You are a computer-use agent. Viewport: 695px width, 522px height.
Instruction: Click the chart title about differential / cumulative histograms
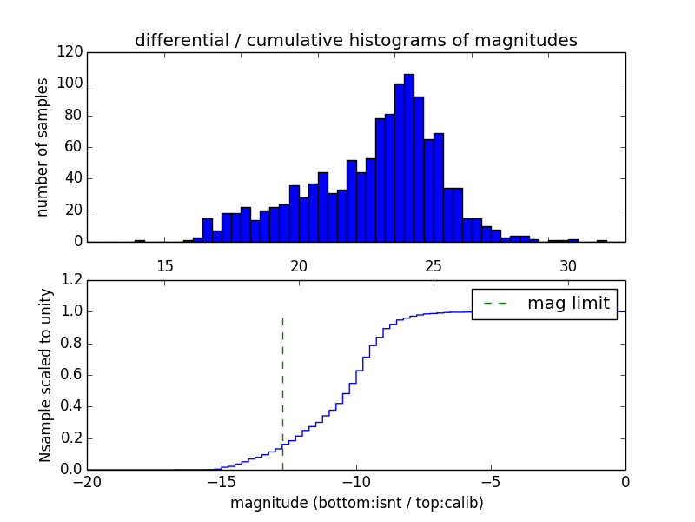point(355,40)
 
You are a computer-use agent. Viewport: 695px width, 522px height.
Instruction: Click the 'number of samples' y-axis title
point(43,147)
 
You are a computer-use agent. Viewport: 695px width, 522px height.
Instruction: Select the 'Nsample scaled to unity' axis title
point(45,375)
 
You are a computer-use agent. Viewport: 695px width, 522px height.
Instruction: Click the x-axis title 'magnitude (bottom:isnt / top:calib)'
point(356,503)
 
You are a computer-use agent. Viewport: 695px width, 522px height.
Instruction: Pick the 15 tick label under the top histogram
point(164,265)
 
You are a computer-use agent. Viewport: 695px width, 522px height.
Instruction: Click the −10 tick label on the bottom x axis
point(355,482)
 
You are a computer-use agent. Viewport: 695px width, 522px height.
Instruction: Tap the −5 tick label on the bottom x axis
point(490,482)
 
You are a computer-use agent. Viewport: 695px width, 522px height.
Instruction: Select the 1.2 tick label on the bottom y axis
point(72,280)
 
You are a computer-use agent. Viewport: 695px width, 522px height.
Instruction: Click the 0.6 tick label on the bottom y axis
point(72,375)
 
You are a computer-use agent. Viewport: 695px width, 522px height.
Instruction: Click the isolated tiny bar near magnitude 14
point(139,240)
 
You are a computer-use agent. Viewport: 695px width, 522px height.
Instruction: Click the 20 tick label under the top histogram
point(299,265)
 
